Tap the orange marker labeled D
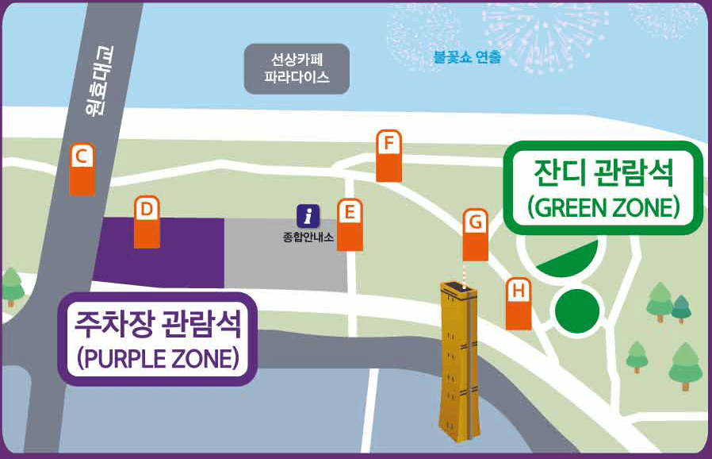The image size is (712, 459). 147,222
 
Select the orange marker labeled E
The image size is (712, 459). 350,225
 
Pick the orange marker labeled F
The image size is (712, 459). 389,156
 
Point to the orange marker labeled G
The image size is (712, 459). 475,234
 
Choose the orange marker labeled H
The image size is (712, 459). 519,304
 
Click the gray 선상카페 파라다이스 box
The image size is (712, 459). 297,68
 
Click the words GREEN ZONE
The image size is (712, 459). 603,207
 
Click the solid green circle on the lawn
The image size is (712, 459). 576,310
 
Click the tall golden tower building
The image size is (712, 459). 461,357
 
